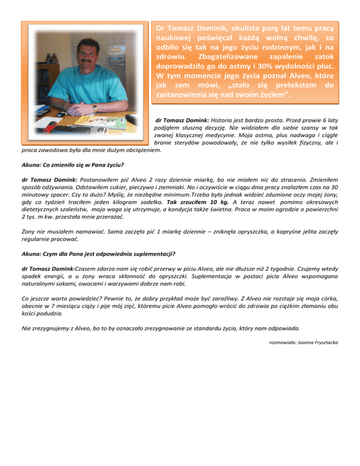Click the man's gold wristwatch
tap(95, 107)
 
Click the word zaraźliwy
tap(242, 298)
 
